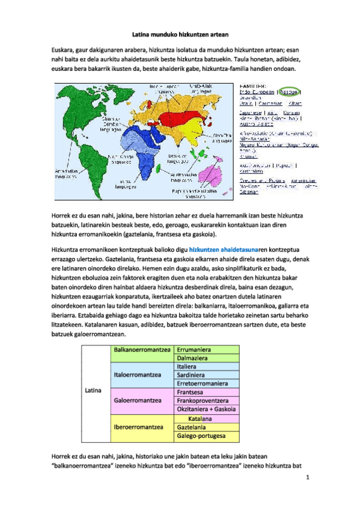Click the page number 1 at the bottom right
(307, 478)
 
